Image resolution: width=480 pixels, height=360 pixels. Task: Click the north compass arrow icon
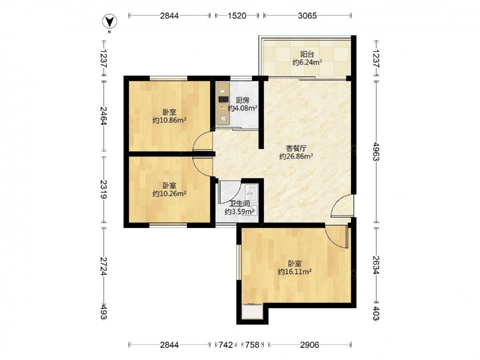click(109, 21)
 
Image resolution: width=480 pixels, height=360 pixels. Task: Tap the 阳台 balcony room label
click(307, 55)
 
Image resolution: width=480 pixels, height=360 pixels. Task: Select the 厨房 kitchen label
click(242, 100)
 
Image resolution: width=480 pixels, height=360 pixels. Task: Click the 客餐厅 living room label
click(296, 148)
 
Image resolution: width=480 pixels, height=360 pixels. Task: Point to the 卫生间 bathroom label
click(240, 204)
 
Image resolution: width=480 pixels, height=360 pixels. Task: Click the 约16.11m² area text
click(295, 272)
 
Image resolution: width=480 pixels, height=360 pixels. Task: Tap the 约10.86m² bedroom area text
click(169, 120)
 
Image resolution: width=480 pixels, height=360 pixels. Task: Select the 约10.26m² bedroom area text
click(169, 193)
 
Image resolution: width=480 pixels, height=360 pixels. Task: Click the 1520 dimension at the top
click(237, 16)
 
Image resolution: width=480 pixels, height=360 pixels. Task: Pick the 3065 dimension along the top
click(307, 16)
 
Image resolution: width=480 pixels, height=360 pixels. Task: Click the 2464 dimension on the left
click(104, 116)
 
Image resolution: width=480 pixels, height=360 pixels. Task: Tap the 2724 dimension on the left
click(104, 266)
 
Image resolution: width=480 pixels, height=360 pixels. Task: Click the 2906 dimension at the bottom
click(309, 345)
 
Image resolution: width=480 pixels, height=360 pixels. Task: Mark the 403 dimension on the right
click(376, 313)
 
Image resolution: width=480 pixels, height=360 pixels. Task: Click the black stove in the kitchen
click(224, 99)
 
